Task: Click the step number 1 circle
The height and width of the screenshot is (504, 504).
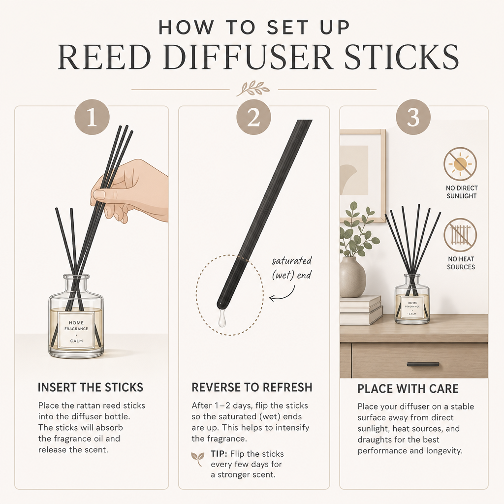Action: coord(92,117)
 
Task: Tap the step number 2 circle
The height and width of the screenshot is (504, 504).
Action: coord(253,117)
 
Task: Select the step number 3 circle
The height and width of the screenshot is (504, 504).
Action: coord(413,117)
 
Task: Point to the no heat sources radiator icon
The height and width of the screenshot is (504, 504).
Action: coord(460,235)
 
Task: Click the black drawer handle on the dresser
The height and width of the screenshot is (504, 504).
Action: coord(423,364)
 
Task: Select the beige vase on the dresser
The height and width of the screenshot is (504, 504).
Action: coord(352,277)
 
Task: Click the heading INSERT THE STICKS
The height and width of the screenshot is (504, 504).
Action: coord(91,387)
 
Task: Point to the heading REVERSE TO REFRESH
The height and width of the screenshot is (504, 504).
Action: coord(252,387)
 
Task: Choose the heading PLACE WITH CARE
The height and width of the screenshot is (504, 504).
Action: coord(408,389)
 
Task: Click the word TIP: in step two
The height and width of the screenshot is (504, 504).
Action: coord(219,454)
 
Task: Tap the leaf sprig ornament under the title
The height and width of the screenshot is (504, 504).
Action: coord(253,89)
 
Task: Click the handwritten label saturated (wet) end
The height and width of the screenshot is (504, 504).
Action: coord(291,268)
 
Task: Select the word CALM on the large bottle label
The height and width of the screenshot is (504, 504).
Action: coord(76,341)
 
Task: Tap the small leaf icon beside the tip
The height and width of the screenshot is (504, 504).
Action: coord(197,459)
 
